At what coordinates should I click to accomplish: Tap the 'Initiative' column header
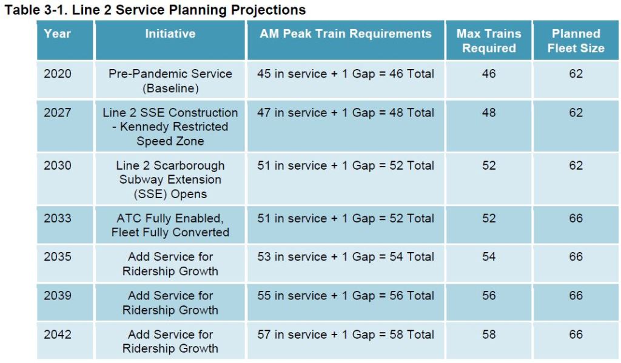(170, 34)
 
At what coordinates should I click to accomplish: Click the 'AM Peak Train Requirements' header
(346, 34)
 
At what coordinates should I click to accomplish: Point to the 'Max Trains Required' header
(489, 41)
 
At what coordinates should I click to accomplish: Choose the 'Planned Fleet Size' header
(576, 41)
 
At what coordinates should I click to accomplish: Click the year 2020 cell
(57, 74)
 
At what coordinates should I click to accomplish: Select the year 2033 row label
(57, 218)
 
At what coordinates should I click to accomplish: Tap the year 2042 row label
(57, 335)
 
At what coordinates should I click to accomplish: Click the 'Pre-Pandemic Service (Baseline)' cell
(170, 81)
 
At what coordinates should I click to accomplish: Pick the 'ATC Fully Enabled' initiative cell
(170, 225)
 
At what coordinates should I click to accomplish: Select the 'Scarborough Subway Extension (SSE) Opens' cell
(170, 179)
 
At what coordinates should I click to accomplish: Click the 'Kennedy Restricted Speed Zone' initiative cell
(170, 127)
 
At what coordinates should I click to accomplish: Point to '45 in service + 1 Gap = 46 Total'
(346, 74)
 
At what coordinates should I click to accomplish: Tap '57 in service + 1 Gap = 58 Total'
(346, 335)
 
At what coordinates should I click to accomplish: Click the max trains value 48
(489, 113)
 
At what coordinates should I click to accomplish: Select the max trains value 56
(489, 296)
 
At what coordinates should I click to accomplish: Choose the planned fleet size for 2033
(576, 218)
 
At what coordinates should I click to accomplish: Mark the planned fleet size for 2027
(576, 113)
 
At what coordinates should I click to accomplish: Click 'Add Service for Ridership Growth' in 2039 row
(170, 302)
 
